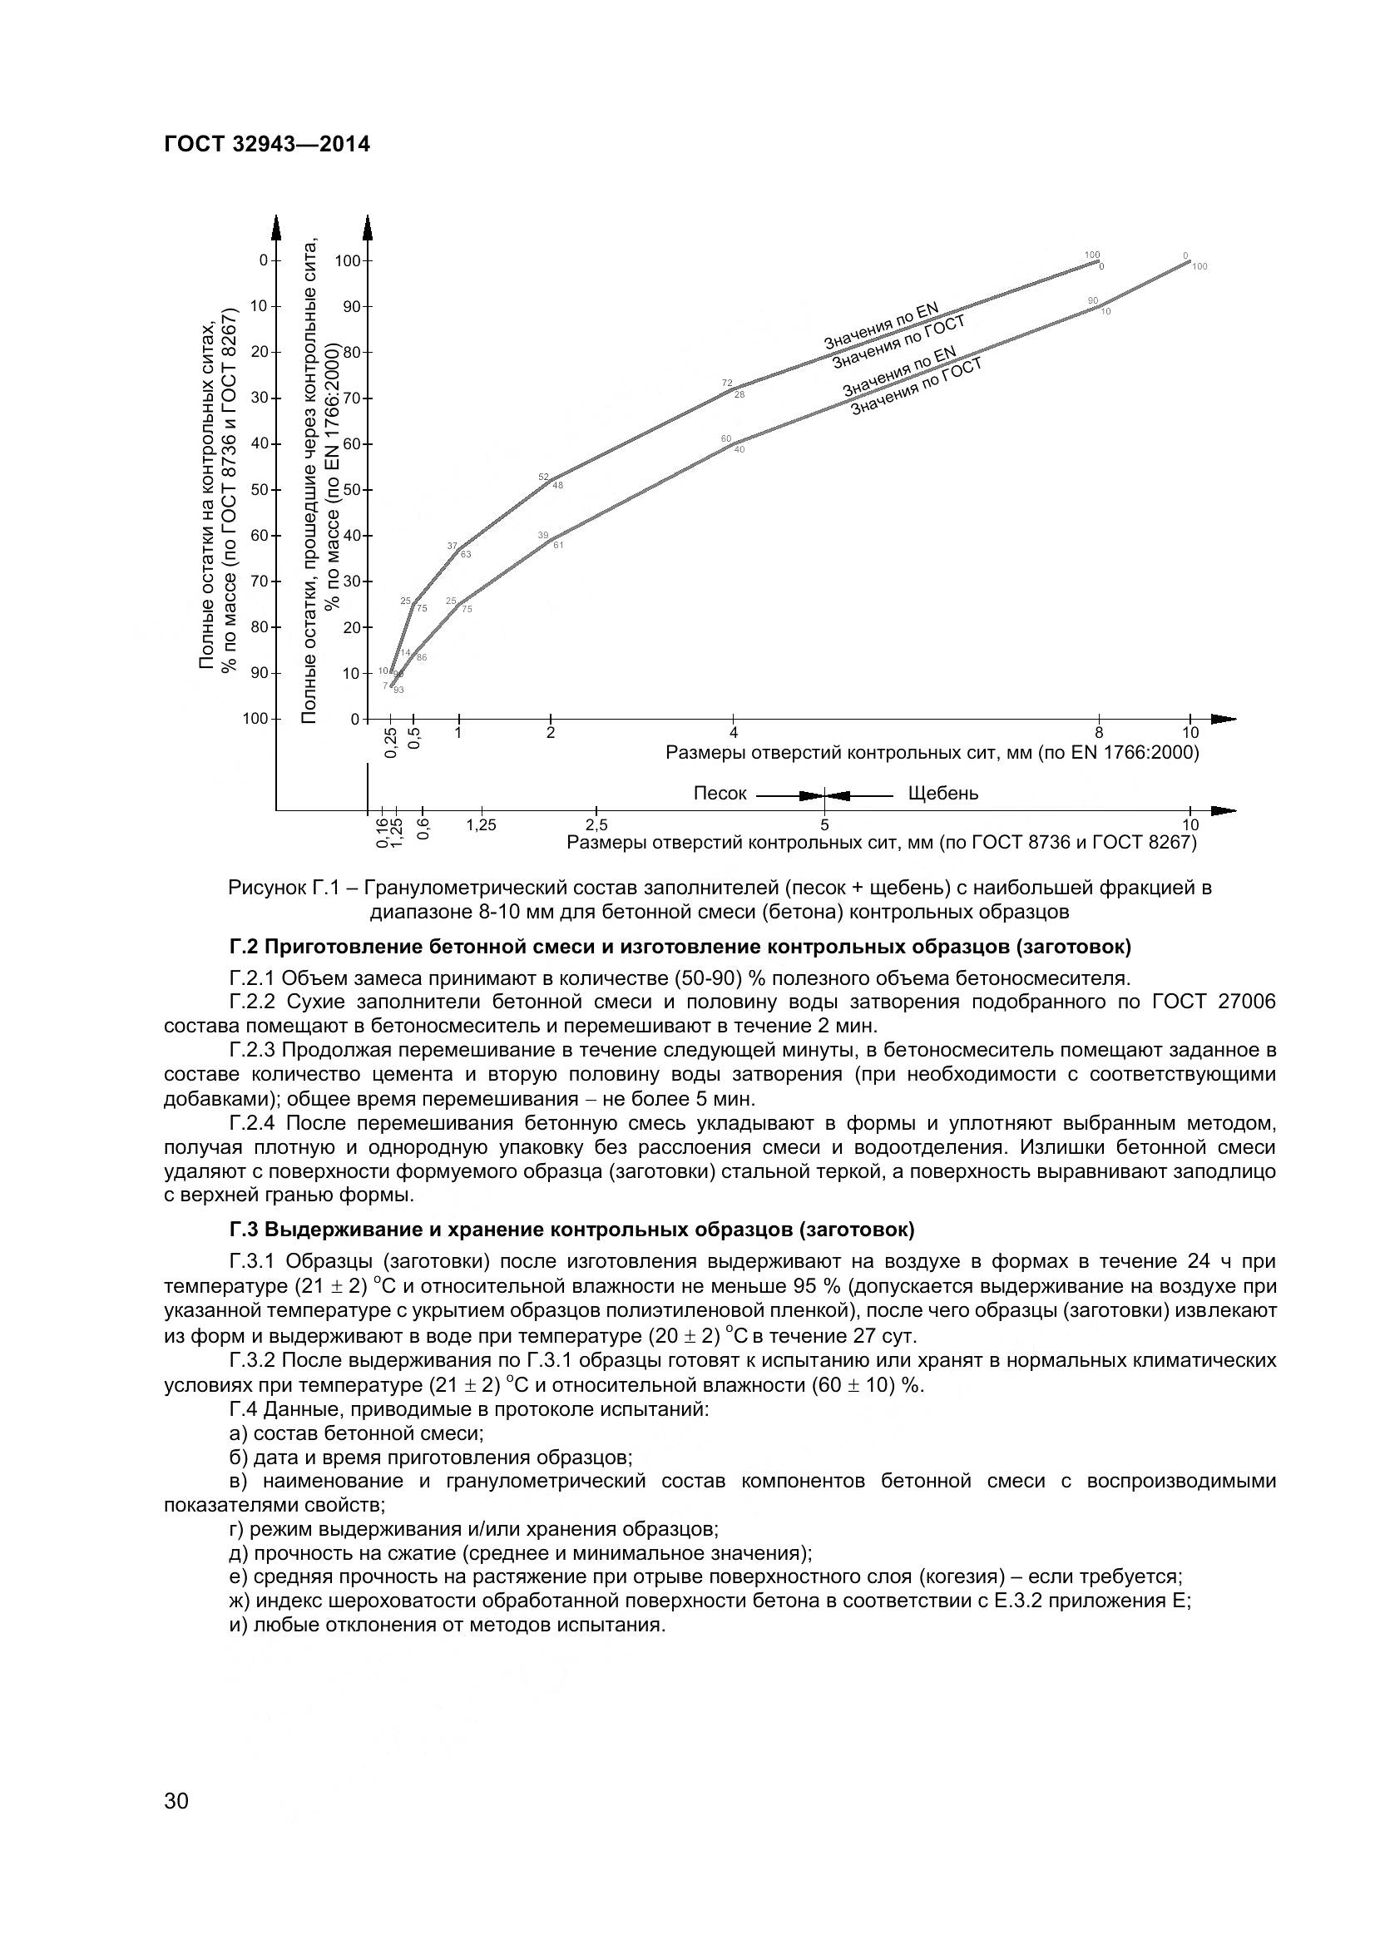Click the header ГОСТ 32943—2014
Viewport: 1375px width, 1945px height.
pos(267,145)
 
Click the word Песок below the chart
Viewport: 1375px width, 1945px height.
pos(720,794)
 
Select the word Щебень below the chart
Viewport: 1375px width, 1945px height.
pos(943,794)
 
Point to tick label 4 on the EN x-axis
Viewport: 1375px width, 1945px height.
pos(734,733)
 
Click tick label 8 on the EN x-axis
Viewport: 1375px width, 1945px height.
pos(1099,733)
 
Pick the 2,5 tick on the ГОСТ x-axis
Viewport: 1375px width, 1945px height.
pos(596,824)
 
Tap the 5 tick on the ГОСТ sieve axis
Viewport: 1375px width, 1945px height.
pos(824,824)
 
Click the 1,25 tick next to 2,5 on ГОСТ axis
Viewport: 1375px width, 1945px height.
pos(481,824)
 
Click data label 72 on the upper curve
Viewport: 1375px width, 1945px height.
pos(727,384)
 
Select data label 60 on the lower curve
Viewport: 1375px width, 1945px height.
pos(726,438)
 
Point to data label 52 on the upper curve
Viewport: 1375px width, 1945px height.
pos(544,477)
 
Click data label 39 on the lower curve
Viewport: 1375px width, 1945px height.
pos(543,536)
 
